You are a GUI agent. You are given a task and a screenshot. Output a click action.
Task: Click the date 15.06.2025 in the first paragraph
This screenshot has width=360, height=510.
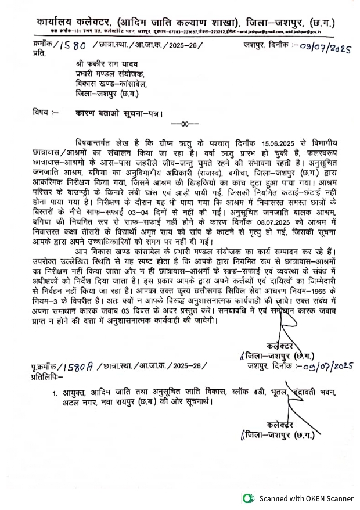[x=284, y=142]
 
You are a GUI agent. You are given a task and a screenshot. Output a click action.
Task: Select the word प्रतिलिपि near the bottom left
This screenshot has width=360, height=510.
[x=49, y=376]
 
